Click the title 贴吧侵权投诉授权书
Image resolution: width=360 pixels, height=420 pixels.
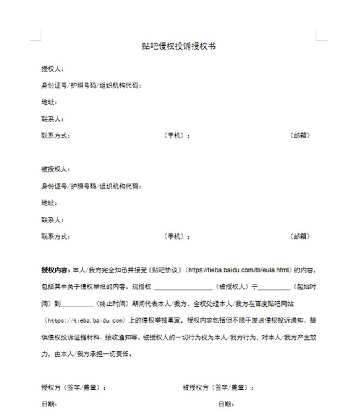click(179, 46)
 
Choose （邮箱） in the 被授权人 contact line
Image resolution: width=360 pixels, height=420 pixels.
click(300, 237)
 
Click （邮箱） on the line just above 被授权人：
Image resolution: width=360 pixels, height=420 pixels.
click(300, 136)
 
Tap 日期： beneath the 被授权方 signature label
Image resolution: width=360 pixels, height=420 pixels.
click(226, 404)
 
